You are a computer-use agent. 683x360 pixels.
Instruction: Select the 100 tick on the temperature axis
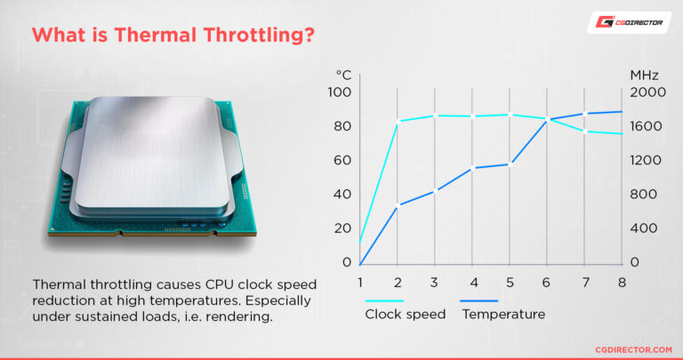[341, 92]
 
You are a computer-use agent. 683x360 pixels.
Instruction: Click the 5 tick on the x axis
[510, 283]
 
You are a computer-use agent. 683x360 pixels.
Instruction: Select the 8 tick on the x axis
[622, 283]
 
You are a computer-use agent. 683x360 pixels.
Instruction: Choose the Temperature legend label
[503, 314]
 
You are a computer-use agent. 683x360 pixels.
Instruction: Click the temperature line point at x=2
[398, 205]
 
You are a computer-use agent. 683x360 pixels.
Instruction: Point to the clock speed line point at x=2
[398, 121]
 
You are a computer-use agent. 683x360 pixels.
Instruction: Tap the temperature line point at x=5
[510, 164]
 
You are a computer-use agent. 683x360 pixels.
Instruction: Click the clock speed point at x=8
[622, 134]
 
